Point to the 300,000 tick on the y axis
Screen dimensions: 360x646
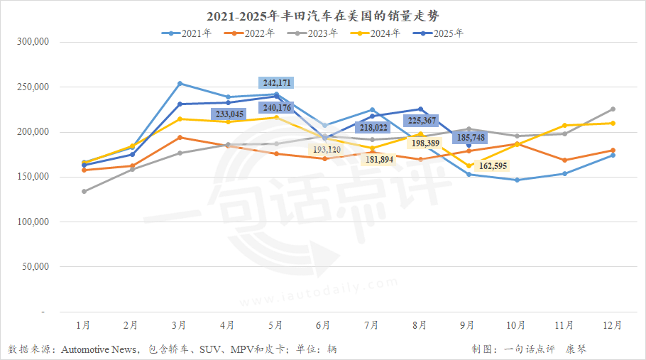(32, 42)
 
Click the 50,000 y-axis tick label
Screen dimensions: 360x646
(34, 267)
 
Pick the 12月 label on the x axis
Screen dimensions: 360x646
(613, 325)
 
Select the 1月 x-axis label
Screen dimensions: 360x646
(83, 325)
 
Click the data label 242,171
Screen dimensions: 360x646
(276, 82)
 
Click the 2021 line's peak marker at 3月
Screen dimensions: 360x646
(180, 84)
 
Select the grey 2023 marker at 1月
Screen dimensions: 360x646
(84, 191)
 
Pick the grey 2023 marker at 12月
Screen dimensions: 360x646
(613, 109)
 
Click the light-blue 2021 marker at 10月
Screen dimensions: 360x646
(516, 180)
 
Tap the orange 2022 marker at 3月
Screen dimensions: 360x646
(180, 137)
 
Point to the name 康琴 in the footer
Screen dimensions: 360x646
(576, 349)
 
